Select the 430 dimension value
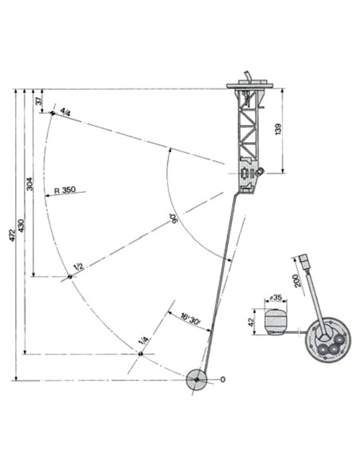(x=22, y=225)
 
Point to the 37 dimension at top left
(x=37, y=101)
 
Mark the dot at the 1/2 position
(x=69, y=276)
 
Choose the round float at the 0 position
(x=196, y=380)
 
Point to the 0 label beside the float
(x=223, y=380)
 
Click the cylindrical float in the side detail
(x=276, y=322)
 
